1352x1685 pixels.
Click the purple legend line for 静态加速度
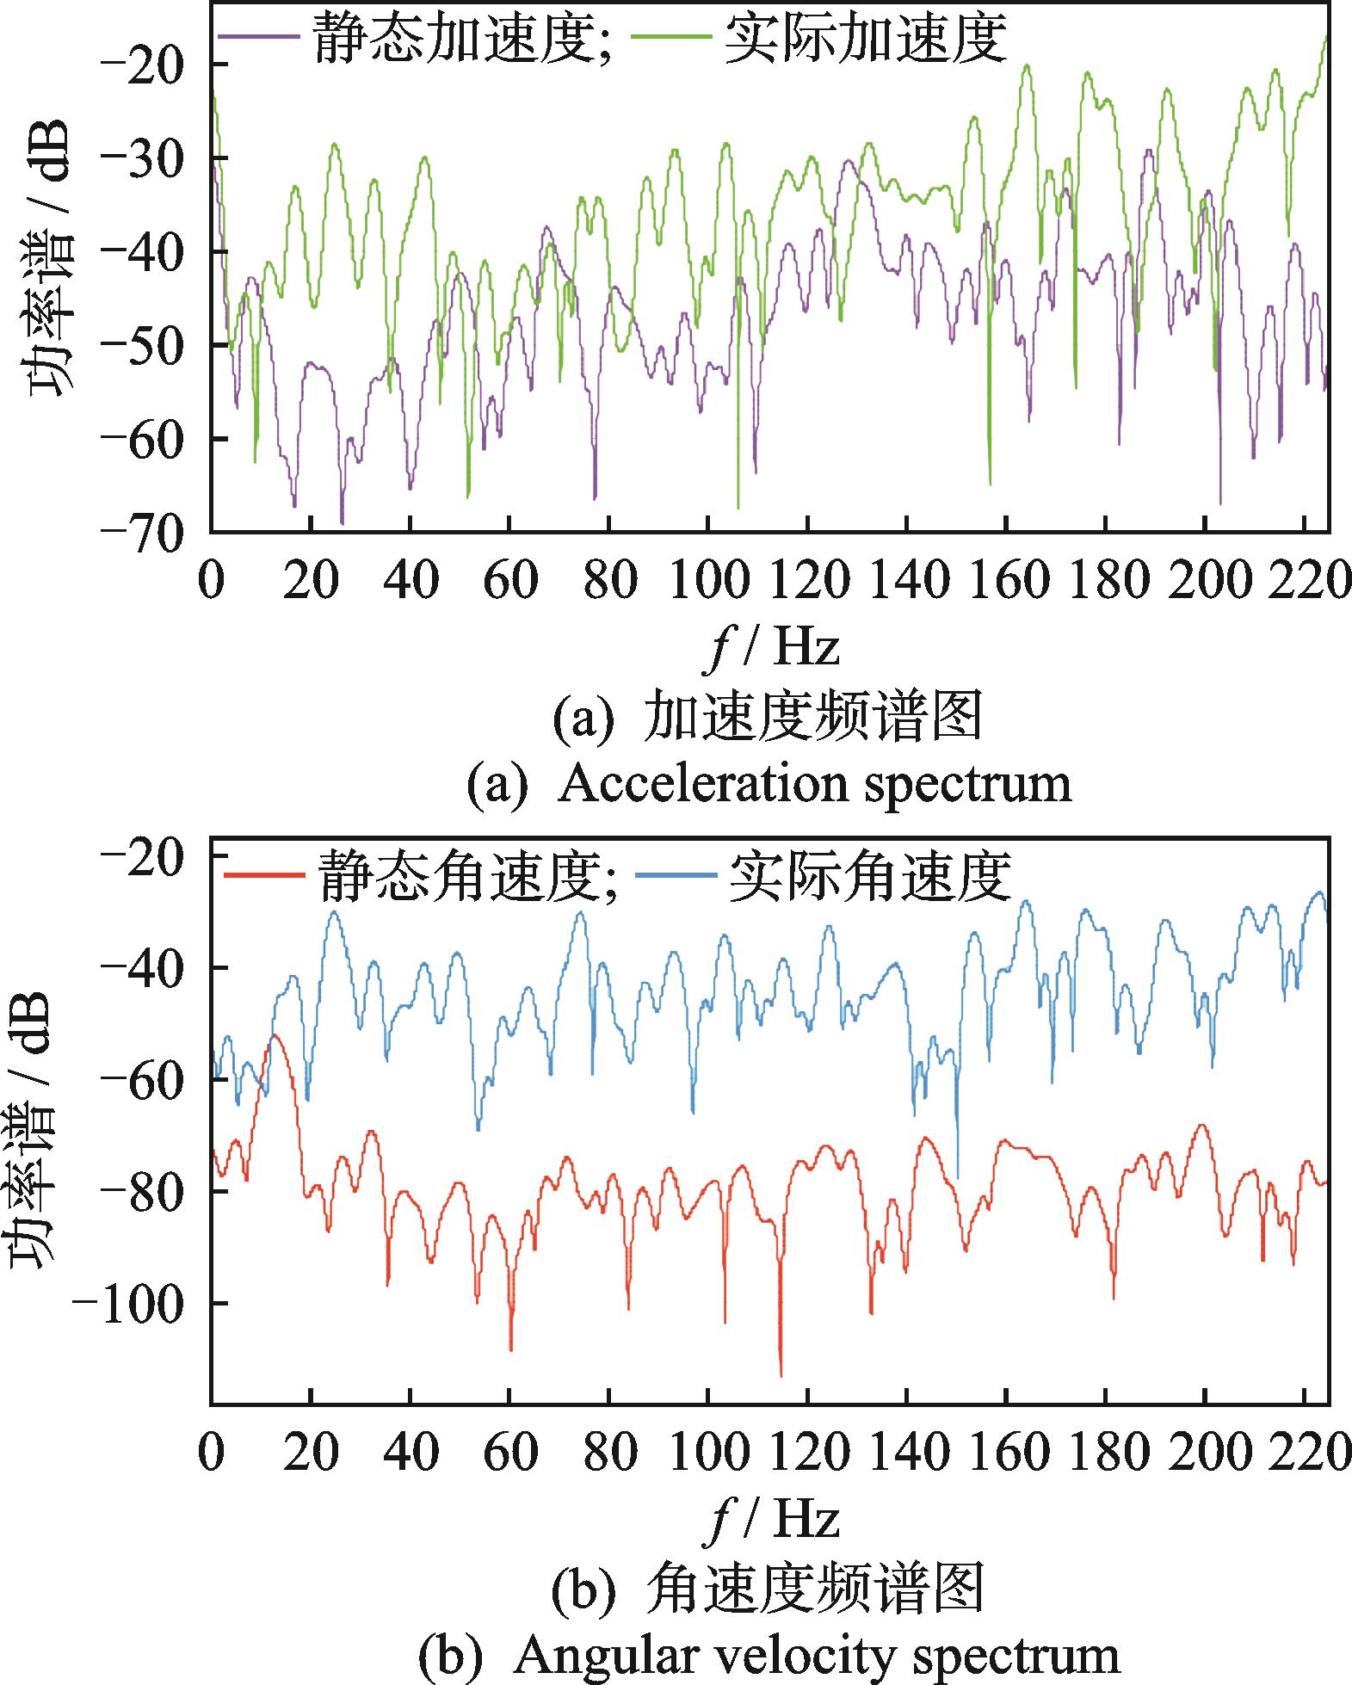pos(258,38)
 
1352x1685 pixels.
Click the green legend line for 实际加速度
pos(671,38)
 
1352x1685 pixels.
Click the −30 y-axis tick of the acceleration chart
pos(142,158)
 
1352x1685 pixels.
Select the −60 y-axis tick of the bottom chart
pos(142,1079)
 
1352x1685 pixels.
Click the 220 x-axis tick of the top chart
pos(1306,583)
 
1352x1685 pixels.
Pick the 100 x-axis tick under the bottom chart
pos(707,1455)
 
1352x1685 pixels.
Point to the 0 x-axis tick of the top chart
pos(212,583)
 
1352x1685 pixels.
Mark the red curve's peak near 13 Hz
pos(275,1035)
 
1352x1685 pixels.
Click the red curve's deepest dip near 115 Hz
pos(781,1374)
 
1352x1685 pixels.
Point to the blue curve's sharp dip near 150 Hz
pos(957,1176)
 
